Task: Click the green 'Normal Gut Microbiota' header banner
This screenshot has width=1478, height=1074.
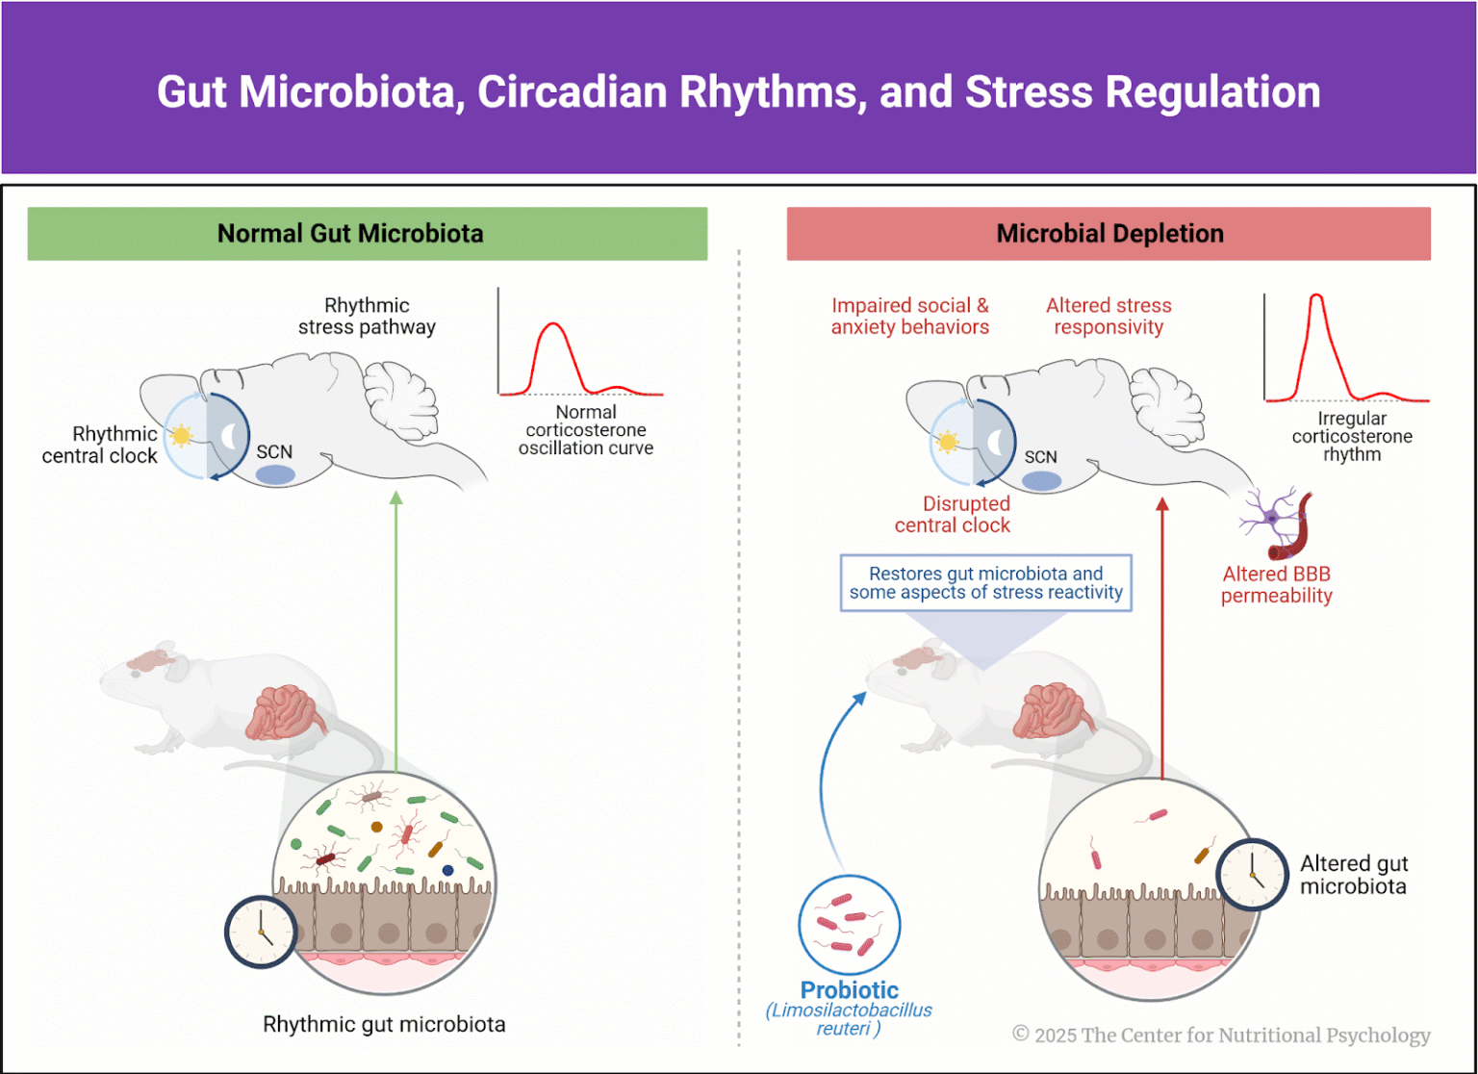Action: click(x=367, y=234)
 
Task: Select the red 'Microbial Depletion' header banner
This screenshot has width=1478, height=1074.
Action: click(x=1108, y=234)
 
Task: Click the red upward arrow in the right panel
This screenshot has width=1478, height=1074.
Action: click(x=1162, y=635)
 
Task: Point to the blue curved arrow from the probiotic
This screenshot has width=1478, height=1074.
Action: click(x=827, y=770)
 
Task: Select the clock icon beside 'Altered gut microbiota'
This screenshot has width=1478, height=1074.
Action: click(x=1252, y=875)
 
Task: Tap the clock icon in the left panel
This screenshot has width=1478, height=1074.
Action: click(x=261, y=932)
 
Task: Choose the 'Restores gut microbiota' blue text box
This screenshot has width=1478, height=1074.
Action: click(x=985, y=583)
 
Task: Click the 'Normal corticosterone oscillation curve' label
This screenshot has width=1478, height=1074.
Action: click(x=585, y=430)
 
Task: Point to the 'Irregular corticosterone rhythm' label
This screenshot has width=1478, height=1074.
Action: click(x=1351, y=437)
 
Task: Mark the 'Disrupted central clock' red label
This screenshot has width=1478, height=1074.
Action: click(x=953, y=515)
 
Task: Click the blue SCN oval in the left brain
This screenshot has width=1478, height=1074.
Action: click(x=275, y=474)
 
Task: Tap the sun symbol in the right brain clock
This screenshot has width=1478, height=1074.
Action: click(x=947, y=443)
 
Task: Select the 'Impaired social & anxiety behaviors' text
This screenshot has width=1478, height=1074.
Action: click(x=909, y=317)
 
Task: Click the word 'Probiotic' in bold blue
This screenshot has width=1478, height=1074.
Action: click(x=849, y=990)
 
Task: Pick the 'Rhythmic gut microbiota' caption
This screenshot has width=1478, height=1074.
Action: click(x=384, y=1025)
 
